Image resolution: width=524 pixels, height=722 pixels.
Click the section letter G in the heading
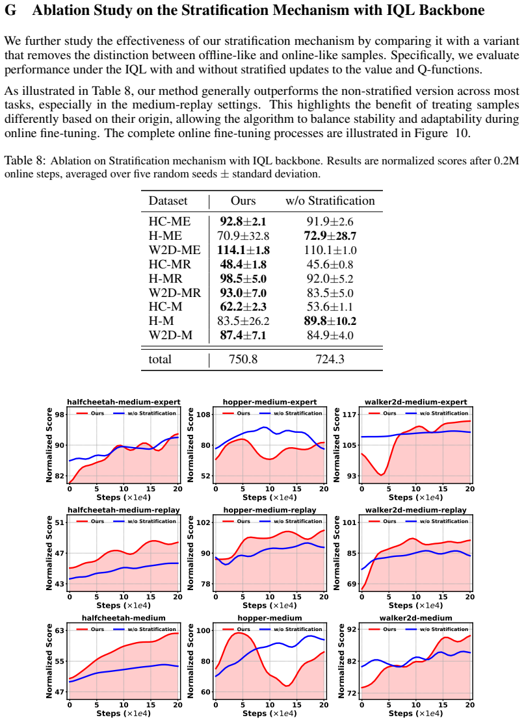[x=10, y=10]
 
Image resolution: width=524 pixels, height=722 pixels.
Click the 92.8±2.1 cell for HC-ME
[x=243, y=222]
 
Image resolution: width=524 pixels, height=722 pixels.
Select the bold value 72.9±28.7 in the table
[x=330, y=236]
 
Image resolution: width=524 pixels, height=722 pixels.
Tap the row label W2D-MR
[x=174, y=293]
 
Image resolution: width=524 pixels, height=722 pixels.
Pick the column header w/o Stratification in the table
[x=330, y=201]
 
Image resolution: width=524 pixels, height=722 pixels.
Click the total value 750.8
[x=243, y=359]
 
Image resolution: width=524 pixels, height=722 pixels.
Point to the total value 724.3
[x=330, y=359]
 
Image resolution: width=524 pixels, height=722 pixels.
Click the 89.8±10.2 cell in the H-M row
[x=330, y=321]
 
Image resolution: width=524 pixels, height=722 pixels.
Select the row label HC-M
[x=165, y=307]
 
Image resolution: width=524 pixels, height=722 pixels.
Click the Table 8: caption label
[x=25, y=161]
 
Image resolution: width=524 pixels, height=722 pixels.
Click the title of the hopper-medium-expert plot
[x=270, y=402]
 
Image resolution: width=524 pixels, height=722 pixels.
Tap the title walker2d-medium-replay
[x=416, y=510]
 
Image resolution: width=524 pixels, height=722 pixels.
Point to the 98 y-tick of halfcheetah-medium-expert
[x=60, y=415]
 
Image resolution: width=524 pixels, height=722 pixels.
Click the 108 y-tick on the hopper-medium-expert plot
[x=204, y=415]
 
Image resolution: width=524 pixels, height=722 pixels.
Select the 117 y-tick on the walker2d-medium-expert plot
[x=350, y=415]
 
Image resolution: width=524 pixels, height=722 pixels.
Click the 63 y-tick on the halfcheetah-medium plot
[x=60, y=630]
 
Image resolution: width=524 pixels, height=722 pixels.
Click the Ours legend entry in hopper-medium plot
[x=236, y=629]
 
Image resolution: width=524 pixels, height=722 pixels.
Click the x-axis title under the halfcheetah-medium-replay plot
[x=124, y=606]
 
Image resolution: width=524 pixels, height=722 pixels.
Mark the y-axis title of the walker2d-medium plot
[x=341, y=661]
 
